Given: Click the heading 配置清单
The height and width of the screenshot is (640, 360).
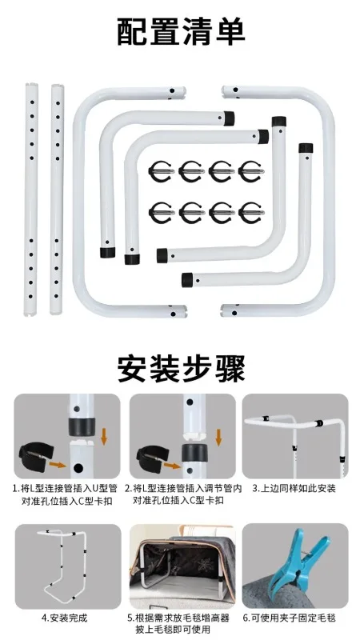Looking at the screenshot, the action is [x=181, y=31].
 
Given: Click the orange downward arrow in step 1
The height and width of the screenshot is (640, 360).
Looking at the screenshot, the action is [x=104, y=436].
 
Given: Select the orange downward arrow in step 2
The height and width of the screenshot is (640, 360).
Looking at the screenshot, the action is [x=218, y=436].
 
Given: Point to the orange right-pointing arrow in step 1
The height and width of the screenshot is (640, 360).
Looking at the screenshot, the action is [x=58, y=464].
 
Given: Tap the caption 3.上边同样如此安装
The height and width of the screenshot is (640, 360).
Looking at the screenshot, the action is [x=294, y=488].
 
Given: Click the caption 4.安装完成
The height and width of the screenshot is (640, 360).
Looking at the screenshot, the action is [x=65, y=618].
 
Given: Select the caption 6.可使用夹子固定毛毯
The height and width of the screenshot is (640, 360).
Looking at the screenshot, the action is [x=290, y=618].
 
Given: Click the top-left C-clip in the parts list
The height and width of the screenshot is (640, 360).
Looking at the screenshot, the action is [x=162, y=171].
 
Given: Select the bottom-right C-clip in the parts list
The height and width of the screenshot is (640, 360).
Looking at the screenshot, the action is [x=251, y=213].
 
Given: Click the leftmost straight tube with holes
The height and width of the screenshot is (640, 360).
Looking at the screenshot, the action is [x=31, y=199].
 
